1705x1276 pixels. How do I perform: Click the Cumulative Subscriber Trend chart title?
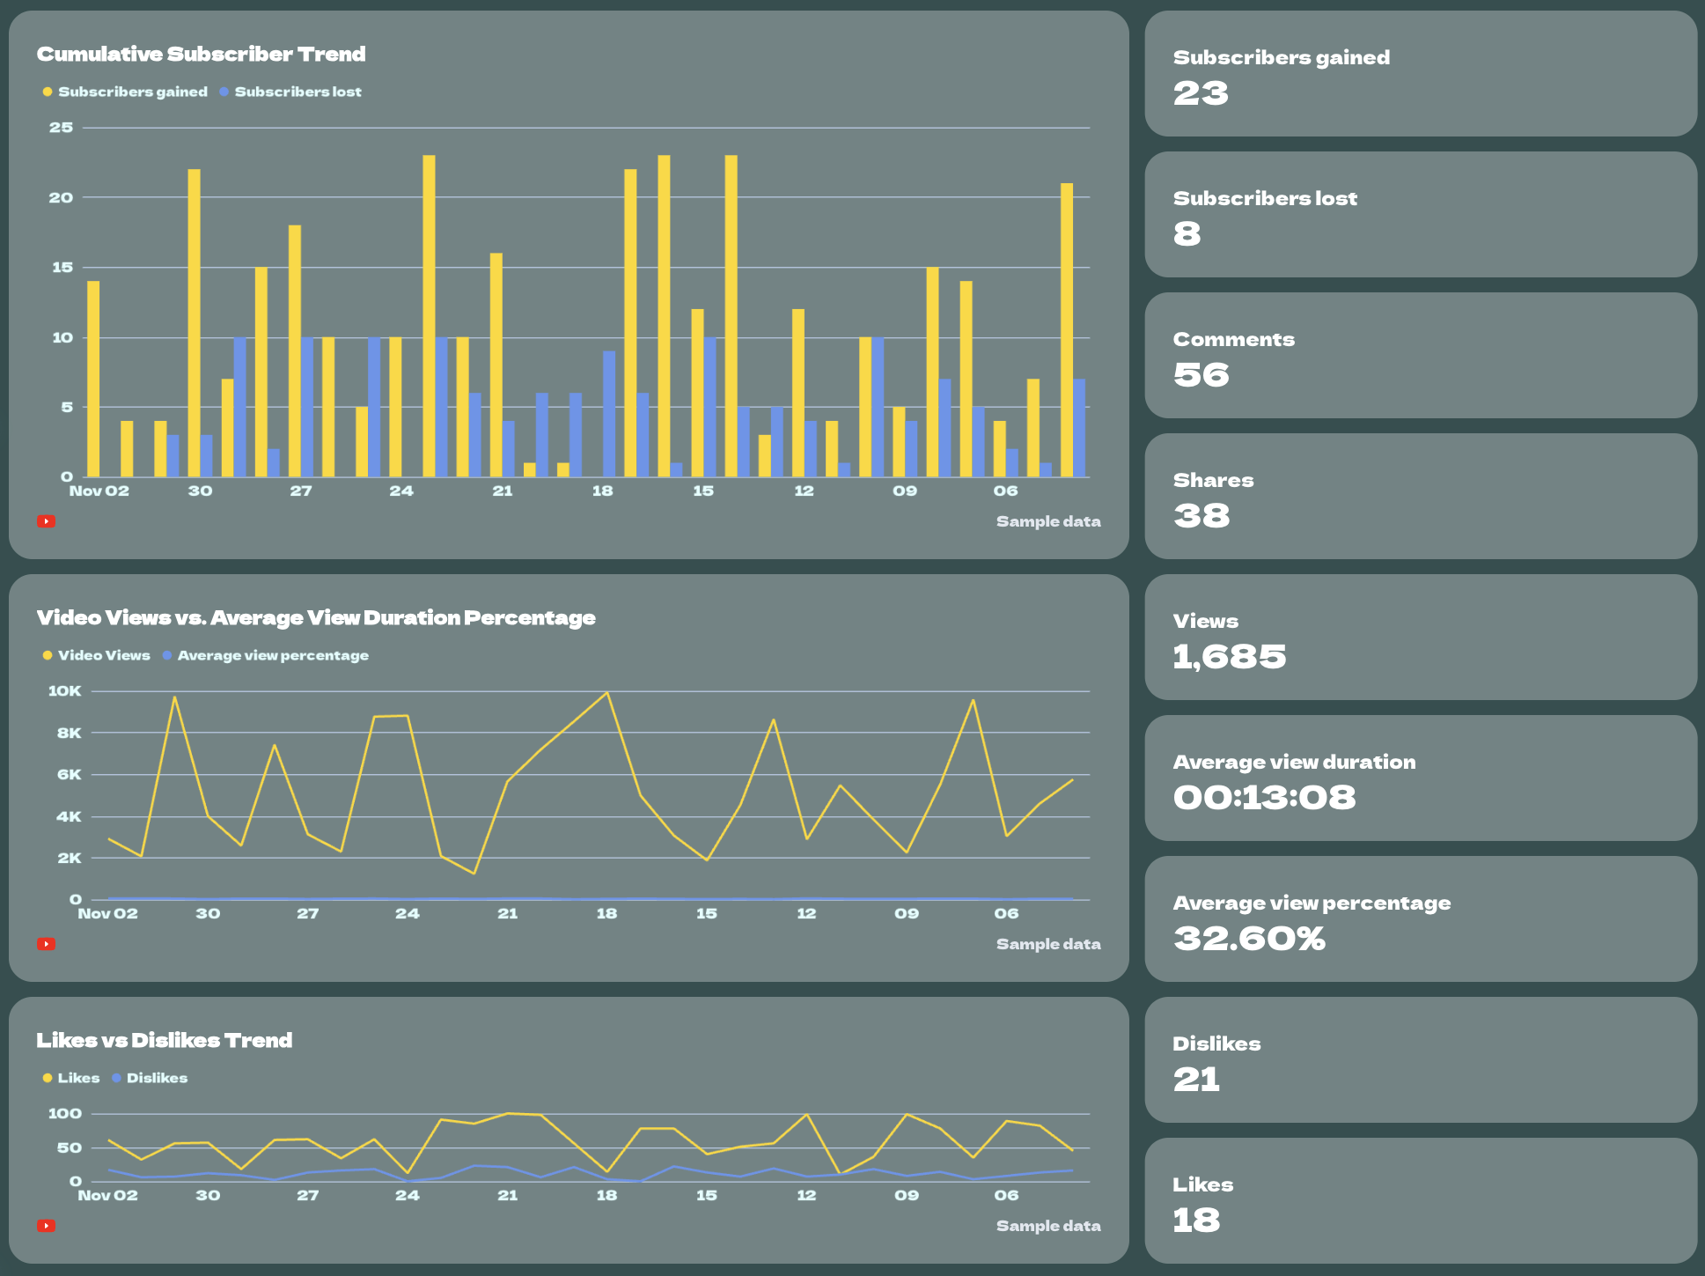[201, 55]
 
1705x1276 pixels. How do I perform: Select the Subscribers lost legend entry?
[297, 92]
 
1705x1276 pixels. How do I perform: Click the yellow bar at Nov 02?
[93, 379]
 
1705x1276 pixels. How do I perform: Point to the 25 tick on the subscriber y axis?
[61, 128]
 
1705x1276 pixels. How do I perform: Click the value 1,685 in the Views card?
[1229, 657]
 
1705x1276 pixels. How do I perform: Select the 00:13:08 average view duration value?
[1264, 798]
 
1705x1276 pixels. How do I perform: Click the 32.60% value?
[1249, 939]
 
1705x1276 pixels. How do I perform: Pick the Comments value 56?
[1201, 375]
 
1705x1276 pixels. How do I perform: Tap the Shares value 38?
[1202, 516]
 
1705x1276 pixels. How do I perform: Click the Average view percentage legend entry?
[272, 655]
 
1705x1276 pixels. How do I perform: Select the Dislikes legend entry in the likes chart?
[156, 1078]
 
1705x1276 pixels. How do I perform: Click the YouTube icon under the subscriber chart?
[46, 521]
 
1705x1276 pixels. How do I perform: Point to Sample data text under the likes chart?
[1047, 1226]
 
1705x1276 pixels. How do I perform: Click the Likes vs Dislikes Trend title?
[164, 1041]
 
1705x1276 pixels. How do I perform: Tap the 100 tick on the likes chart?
[64, 1114]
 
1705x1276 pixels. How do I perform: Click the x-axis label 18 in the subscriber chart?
[602, 491]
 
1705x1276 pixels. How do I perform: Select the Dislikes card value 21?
[1196, 1080]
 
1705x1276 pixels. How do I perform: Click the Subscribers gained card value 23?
[1201, 93]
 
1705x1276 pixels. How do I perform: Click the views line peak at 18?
[606, 693]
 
